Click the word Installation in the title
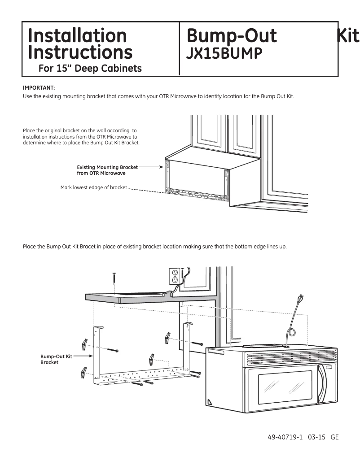[x=77, y=35]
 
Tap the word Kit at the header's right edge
[x=348, y=35]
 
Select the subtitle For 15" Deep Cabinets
[x=90, y=69]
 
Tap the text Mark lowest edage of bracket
[x=93, y=187]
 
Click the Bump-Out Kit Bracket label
[x=56, y=359]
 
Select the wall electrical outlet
[x=174, y=276]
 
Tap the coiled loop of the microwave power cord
[x=289, y=333]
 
